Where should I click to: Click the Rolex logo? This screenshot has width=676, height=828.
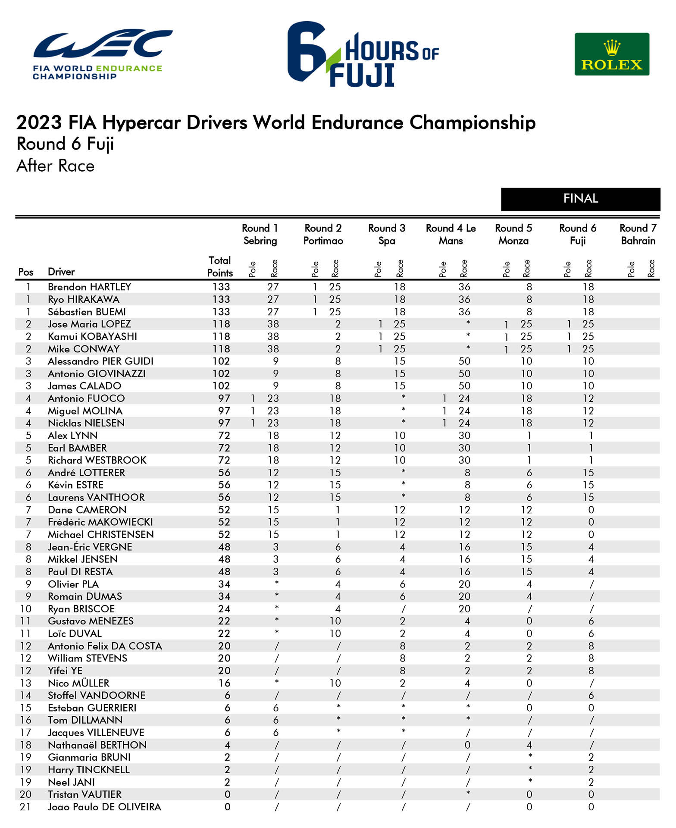[611, 54]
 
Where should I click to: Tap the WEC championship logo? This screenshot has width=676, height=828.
[103, 54]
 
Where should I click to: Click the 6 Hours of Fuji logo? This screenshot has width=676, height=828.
[363, 54]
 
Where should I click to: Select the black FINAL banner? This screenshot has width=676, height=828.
[580, 199]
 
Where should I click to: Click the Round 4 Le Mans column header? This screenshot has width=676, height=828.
[451, 234]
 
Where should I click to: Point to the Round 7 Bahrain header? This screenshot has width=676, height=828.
[638, 234]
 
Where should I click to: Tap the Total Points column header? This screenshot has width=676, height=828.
[220, 267]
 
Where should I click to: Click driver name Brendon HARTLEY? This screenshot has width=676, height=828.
[89, 287]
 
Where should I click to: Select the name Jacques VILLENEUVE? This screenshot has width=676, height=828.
[96, 732]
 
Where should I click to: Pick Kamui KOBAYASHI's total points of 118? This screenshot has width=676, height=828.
[221, 336]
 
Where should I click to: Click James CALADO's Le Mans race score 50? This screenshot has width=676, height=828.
[464, 386]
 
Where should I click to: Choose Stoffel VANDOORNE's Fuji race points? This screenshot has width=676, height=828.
[591, 695]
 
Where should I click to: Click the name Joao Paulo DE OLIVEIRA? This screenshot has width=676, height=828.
[104, 807]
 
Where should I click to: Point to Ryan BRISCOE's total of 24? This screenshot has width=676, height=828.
[224, 609]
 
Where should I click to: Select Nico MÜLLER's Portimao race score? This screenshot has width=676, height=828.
[335, 683]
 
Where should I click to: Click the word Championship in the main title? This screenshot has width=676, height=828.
[473, 122]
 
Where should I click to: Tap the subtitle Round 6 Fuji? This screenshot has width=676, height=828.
[65, 144]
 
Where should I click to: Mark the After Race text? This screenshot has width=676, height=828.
[55, 166]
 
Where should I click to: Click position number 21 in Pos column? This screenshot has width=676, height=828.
[25, 807]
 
